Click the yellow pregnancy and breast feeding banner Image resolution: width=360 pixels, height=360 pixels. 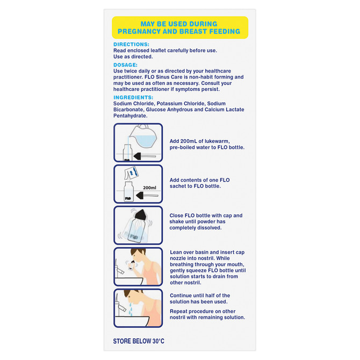(x=179, y=27)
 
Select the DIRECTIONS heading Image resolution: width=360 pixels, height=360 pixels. (x=131, y=44)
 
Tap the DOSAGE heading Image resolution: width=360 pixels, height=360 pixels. (x=126, y=65)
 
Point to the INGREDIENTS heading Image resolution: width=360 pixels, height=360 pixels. (x=134, y=97)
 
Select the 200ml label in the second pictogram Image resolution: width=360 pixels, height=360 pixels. (x=149, y=188)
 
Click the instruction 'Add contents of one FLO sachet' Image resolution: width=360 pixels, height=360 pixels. (x=199, y=183)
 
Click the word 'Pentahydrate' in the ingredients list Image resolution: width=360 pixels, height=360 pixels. (x=131, y=116)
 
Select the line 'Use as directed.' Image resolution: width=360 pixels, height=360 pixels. (x=133, y=56)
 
